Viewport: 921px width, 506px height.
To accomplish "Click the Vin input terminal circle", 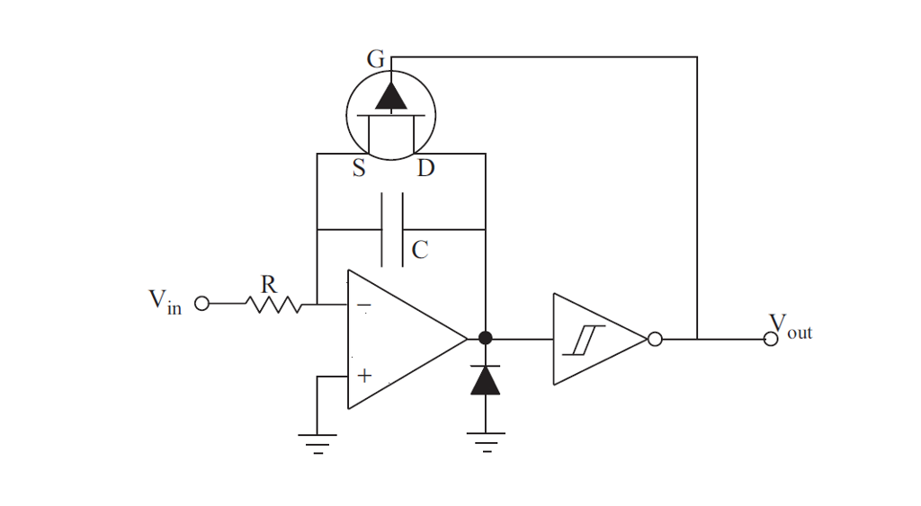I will point(201,304).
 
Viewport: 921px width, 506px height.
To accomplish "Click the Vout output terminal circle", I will point(770,339).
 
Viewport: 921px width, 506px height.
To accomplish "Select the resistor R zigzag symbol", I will point(274,305).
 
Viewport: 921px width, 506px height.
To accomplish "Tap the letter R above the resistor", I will point(268,284).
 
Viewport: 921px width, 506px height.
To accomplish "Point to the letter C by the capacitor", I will point(419,251).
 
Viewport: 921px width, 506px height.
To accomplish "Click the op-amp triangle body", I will point(405,339).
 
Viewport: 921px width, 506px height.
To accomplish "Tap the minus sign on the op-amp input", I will point(363,306).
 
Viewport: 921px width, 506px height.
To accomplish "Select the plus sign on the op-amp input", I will point(363,376).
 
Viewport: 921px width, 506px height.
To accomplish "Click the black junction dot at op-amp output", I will point(486,339).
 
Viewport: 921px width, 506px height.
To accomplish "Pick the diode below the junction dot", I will point(486,381).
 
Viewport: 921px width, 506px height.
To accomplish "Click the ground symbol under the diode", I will point(486,440).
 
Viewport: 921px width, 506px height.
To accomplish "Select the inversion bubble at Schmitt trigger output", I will point(656,339).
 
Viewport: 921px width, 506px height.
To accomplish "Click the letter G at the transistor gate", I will point(376,60).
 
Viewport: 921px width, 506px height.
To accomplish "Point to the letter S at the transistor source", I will point(359,169).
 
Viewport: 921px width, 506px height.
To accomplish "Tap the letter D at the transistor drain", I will point(425,169).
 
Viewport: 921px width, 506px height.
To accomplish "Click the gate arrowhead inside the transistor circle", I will point(391,95).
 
